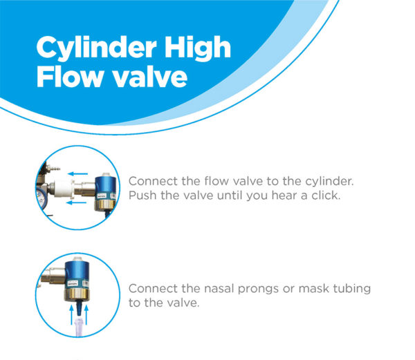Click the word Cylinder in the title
pyautogui.click(x=96, y=48)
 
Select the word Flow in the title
pyautogui.click(x=69, y=77)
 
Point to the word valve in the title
pyautogui.click(x=150, y=77)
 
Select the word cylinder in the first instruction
pyautogui.click(x=329, y=182)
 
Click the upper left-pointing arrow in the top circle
pyautogui.click(x=77, y=173)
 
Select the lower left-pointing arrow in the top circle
pyautogui.click(x=76, y=202)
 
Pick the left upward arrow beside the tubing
pyautogui.click(x=71, y=314)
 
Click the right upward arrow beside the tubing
pyautogui.click(x=86, y=314)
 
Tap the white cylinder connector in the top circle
pyautogui.click(x=63, y=188)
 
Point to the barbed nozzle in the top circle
pyautogui.click(x=53, y=168)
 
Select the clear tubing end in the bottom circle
pyautogui.click(x=80, y=328)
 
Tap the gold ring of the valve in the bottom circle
pyautogui.click(x=77, y=294)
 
